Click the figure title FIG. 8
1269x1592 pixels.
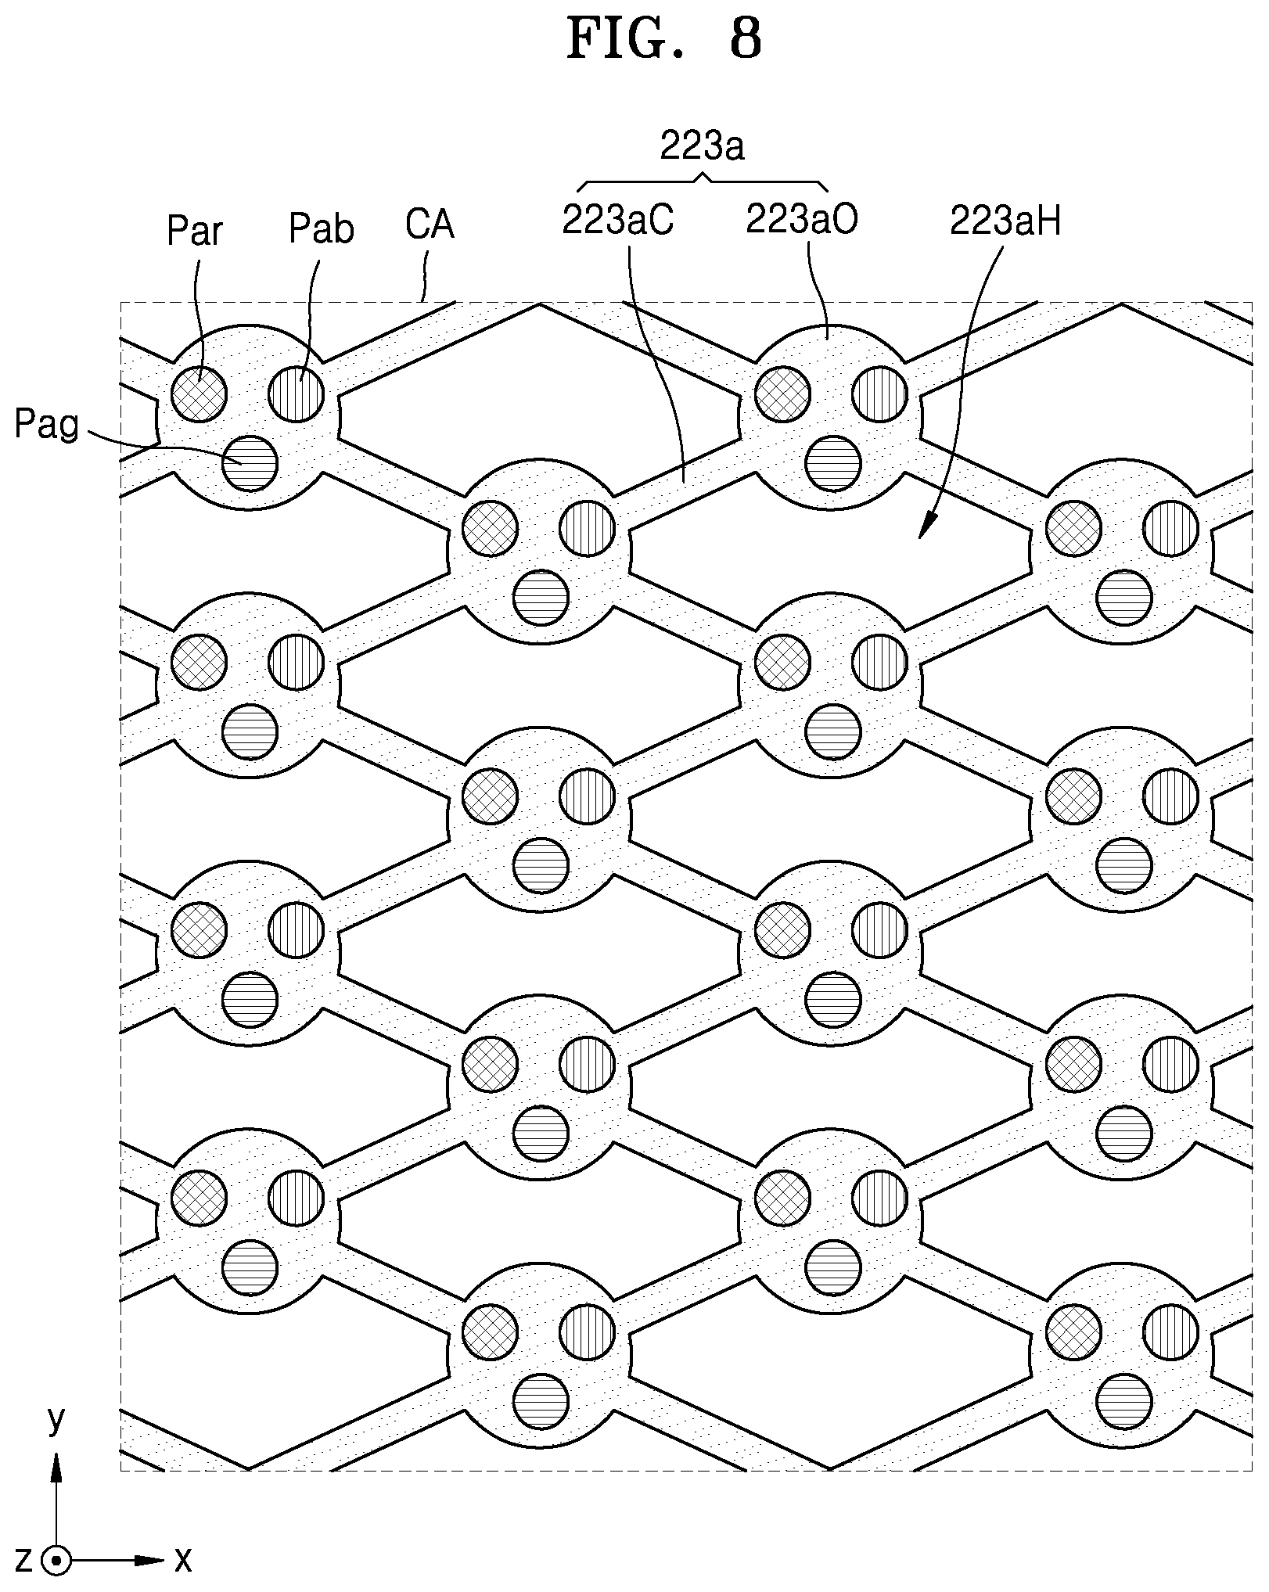(x=663, y=39)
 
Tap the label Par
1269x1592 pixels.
(x=195, y=232)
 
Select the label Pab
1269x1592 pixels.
(x=321, y=229)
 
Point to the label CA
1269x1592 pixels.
(x=430, y=225)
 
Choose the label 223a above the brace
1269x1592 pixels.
(x=702, y=146)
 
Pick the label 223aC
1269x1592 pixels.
(x=618, y=221)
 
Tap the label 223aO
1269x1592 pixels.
(x=802, y=220)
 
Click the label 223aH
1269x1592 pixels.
(x=1006, y=222)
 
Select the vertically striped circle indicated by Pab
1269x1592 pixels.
(x=297, y=393)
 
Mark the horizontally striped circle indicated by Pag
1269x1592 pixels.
(x=250, y=463)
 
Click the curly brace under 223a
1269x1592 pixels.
(x=702, y=181)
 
